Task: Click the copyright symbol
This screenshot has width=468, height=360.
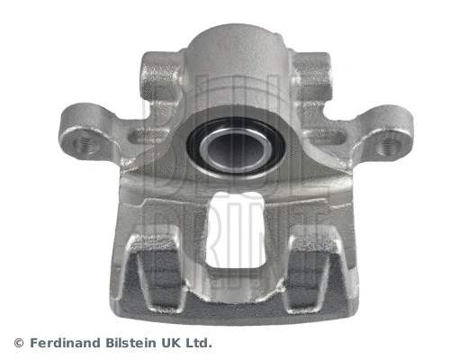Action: tap(19, 343)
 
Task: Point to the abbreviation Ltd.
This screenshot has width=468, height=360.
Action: tap(202, 343)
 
